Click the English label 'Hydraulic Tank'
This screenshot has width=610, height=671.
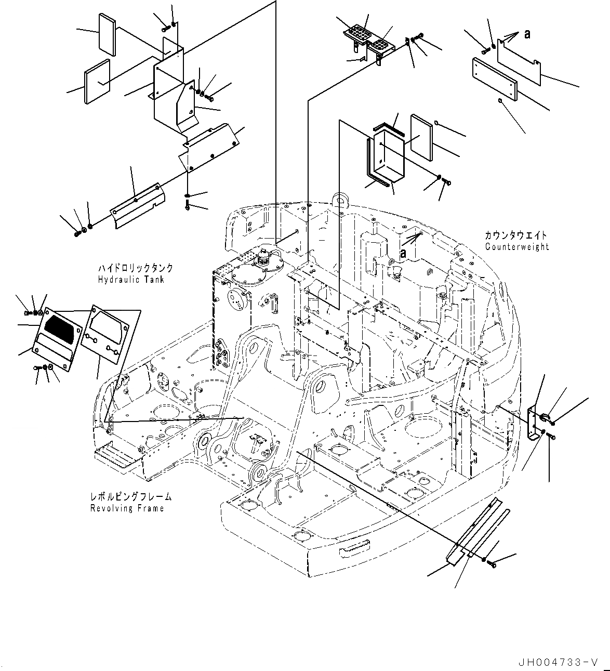(131, 280)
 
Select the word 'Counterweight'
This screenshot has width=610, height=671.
(516, 247)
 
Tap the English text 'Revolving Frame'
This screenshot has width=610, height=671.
(127, 508)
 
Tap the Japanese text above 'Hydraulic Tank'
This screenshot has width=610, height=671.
(135, 268)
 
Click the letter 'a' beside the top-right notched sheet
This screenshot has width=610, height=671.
(527, 34)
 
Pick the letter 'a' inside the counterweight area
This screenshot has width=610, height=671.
(403, 253)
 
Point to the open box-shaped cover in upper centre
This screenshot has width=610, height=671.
(387, 156)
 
